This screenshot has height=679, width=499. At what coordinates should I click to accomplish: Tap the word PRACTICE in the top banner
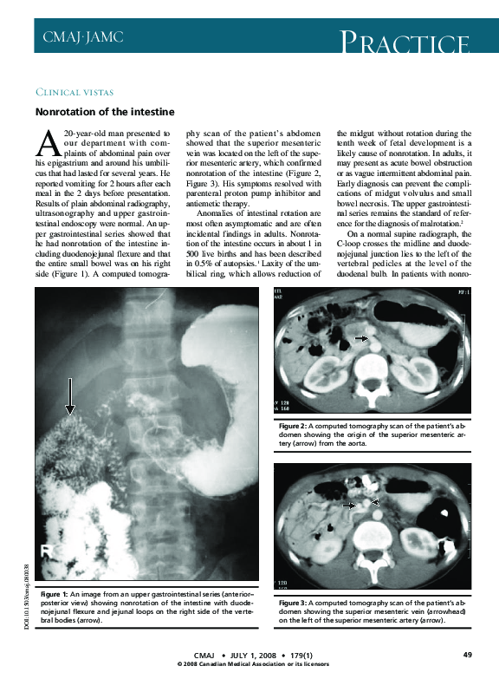point(406,42)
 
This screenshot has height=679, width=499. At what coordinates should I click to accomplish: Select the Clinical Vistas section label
point(75,92)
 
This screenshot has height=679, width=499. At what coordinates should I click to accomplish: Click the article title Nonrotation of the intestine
point(105,112)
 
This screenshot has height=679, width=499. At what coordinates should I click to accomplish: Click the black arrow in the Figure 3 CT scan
point(350,505)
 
